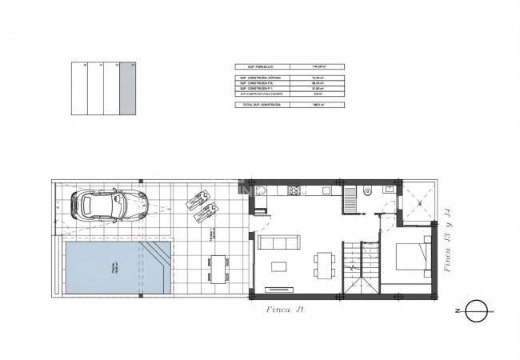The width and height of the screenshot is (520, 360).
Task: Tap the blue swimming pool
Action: click(112, 267)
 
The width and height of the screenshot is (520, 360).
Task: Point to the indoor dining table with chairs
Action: click(323, 262)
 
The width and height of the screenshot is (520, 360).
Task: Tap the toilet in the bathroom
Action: click(365, 191)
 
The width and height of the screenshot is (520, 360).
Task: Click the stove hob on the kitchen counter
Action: click(293, 190)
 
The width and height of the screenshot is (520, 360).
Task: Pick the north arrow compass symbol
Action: click(474, 310)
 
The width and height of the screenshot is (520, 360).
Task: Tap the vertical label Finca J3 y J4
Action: click(453, 240)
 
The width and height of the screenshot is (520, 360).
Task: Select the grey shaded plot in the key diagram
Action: click(127, 89)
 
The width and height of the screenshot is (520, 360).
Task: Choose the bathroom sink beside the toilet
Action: click(387, 190)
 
